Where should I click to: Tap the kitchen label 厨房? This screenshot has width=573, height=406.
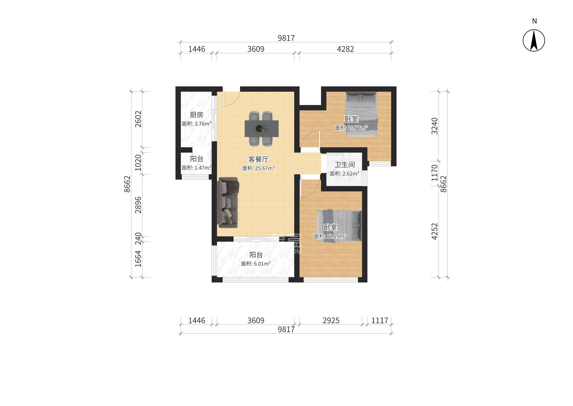[196, 115]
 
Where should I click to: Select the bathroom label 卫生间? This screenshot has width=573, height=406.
[345, 165]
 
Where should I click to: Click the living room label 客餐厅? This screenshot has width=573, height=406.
[258, 159]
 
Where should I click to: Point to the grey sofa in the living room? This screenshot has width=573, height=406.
[228, 202]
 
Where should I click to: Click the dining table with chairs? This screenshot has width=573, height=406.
[261, 129]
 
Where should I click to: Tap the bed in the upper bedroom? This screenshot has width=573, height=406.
[361, 114]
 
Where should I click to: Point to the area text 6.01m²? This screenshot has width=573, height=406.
[262, 264]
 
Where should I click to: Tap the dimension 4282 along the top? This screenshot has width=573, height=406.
[345, 49]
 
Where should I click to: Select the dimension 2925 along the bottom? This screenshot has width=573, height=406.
[331, 320]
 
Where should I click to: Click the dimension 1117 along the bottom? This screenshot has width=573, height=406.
[379, 320]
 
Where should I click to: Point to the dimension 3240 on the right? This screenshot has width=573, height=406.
[435, 126]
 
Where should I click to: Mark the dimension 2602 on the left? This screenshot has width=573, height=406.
[138, 119]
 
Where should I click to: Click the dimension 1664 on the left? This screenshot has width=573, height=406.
[138, 259]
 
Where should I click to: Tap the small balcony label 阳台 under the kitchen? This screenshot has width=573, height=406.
[197, 159]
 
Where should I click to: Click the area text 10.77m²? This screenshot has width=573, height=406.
[357, 128]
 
